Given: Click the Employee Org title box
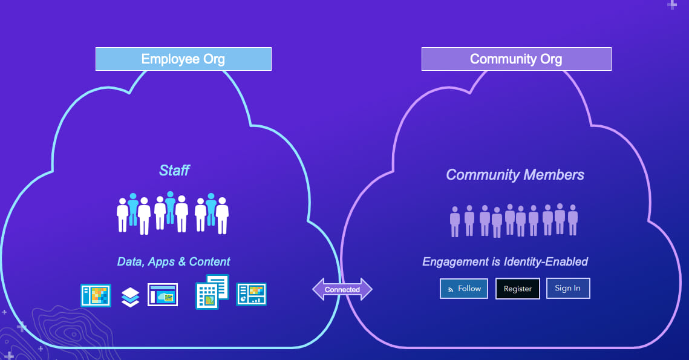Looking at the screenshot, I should point(183,59).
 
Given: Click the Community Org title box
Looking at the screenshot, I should point(516,59).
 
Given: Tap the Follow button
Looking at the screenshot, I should point(463,289).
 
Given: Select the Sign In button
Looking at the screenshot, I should point(567,288).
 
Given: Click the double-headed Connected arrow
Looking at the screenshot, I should point(342,289).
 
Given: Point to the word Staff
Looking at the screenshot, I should point(174,171).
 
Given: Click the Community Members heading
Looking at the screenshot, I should point(515,175).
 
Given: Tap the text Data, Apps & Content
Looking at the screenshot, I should point(174,262).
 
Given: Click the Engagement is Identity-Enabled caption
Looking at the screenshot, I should point(505,262).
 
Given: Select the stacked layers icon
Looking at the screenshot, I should point(130,296).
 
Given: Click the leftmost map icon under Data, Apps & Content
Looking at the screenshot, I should point(96,295).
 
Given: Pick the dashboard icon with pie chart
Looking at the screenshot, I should point(251,294).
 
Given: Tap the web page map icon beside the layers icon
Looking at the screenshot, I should point(163,295).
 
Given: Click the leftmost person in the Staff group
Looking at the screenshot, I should point(122,214).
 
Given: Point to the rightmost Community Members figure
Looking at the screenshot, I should point(572,220).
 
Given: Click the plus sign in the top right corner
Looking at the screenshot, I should point(671,5).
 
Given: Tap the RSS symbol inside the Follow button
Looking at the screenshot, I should point(450,290).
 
